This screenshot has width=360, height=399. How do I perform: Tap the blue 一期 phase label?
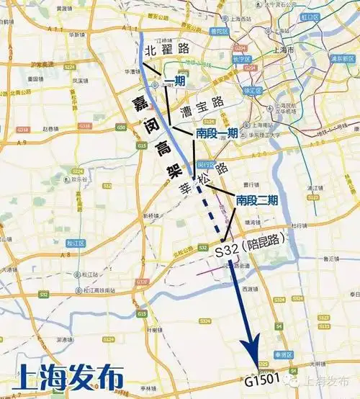tap(175, 81)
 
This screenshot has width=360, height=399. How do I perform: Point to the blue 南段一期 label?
tap(217, 133)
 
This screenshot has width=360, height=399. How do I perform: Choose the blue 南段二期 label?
tap(257, 201)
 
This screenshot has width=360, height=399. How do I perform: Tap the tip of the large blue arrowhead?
tap(256, 366)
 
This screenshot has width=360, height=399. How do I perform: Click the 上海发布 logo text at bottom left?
tap(62, 378)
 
